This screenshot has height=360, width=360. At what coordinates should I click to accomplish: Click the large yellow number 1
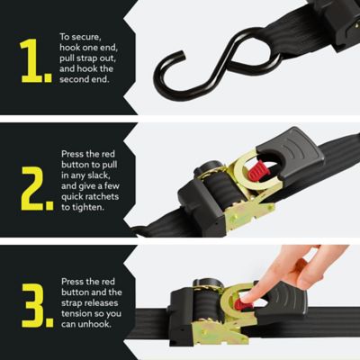33,61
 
